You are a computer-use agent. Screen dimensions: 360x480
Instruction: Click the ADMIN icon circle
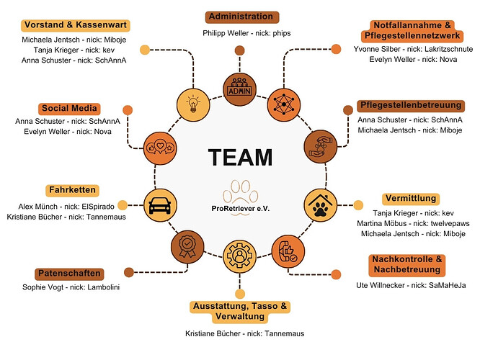pos(240,89)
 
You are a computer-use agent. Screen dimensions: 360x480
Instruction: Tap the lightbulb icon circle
pos(192,102)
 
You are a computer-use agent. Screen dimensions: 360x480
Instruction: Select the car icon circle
pos(160,205)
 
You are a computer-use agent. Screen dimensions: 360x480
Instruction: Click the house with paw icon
pos(319,205)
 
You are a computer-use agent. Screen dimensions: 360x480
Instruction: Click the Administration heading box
pos(240,17)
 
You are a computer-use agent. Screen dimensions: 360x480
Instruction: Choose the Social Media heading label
pos(70,108)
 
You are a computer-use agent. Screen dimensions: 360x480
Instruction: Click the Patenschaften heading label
pos(68,274)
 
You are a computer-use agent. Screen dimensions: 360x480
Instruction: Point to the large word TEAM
pos(240,158)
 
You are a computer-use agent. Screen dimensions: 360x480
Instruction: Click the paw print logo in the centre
pos(240,192)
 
